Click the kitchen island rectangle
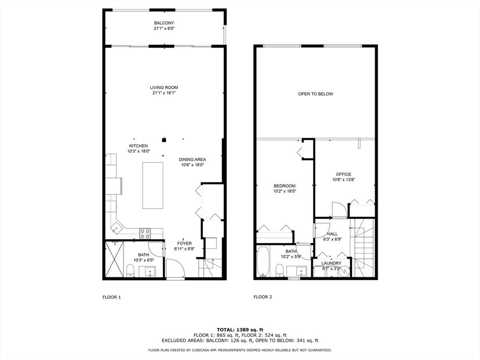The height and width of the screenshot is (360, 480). tap(153, 185)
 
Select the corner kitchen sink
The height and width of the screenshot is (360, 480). tap(115, 228)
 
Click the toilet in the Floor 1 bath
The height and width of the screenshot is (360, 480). tap(131, 270)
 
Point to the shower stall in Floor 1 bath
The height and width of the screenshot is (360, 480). tap(114, 259)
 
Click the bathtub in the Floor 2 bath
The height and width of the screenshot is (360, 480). tap(262, 262)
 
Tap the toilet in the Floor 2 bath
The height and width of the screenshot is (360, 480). tap(280, 270)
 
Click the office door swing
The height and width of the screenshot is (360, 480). tap(338, 210)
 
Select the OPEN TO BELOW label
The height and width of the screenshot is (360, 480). tap(315, 94)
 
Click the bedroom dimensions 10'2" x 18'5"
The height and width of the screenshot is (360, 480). tap(285, 191)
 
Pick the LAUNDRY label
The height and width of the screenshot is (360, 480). tap(331, 263)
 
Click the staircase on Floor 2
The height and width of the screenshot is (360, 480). tap(363, 248)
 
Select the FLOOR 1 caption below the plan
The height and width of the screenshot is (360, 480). tap(112, 297)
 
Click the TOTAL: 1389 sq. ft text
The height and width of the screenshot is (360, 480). tap(240, 329)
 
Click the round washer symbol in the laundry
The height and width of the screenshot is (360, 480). tap(345, 271)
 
